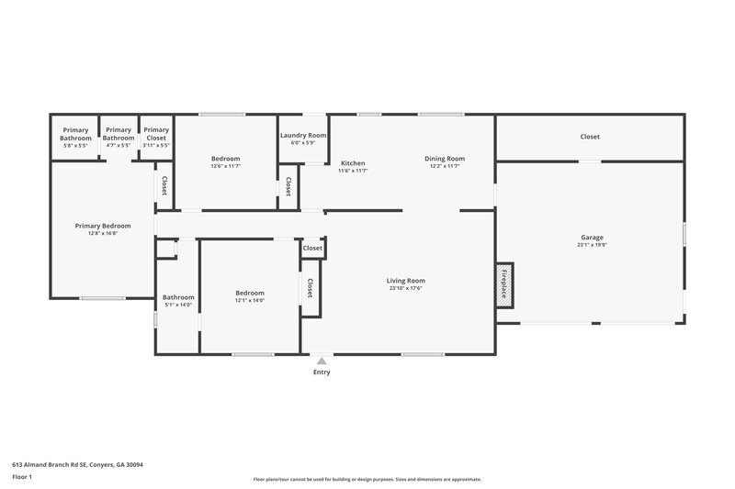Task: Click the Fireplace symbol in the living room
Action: coord(504,285)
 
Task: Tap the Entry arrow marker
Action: coord(321,361)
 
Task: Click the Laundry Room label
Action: coord(303,135)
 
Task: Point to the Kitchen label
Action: coord(353,163)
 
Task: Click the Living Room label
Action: coord(405,281)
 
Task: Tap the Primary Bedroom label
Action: coord(102,226)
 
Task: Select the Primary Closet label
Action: coord(156,134)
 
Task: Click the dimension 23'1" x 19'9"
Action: coord(591,244)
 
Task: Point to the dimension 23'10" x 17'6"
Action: coord(405,288)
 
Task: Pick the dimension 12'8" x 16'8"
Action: coord(102,233)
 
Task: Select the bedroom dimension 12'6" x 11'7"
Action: coord(225,166)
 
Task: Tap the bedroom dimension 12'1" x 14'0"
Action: coord(249,300)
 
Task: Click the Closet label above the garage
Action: coord(590,137)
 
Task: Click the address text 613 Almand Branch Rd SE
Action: coord(77,464)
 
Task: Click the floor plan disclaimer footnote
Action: coord(367,479)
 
